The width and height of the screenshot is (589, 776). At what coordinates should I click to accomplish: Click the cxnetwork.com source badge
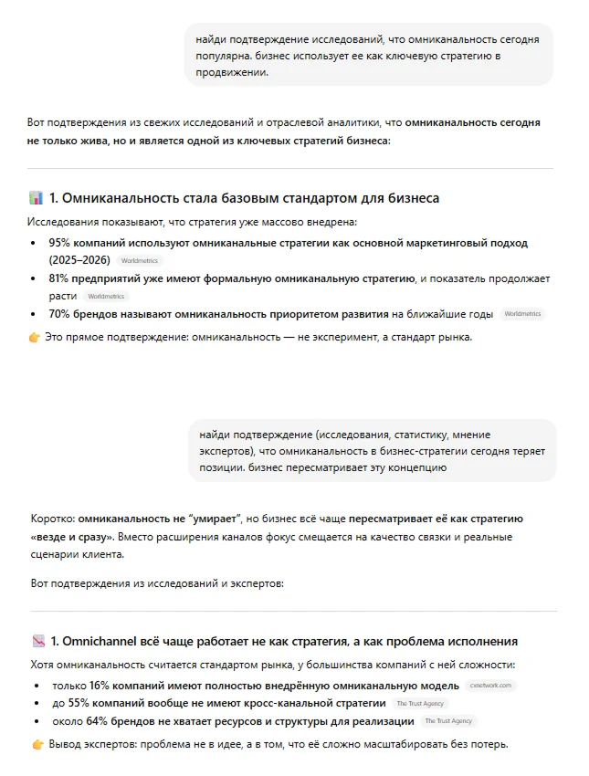pyautogui.click(x=491, y=686)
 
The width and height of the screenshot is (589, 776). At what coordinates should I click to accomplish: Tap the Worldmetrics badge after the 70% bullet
pyautogui.click(x=522, y=315)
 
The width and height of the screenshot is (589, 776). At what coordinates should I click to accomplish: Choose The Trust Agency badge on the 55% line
pyautogui.click(x=420, y=704)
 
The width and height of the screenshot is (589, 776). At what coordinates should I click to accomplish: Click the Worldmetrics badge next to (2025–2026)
pyautogui.click(x=139, y=261)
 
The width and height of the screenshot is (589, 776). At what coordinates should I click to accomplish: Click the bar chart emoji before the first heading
pyautogui.click(x=37, y=198)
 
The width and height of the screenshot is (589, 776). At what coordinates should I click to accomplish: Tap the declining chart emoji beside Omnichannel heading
pyautogui.click(x=37, y=641)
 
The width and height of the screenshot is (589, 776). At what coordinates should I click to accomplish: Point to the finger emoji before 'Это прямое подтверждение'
pyautogui.click(x=35, y=337)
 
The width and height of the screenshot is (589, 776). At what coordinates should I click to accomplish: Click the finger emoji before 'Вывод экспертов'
pyautogui.click(x=37, y=744)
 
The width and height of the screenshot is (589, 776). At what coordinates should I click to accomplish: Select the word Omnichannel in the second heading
pyautogui.click(x=103, y=641)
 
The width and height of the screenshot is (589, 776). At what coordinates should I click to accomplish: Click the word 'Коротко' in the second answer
pyautogui.click(x=51, y=519)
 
